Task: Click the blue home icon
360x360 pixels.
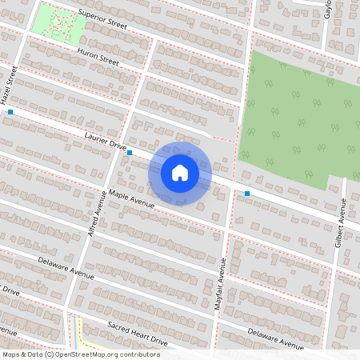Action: coord(180,172)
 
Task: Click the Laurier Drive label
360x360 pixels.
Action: coord(105,142)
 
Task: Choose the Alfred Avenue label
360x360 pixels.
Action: coord(97,213)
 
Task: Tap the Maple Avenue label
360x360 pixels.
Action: coord(131,198)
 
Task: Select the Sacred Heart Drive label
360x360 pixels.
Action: coord(137,333)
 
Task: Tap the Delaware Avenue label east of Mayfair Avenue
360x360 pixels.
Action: coord(275,338)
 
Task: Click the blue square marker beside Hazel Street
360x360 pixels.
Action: coord(10,113)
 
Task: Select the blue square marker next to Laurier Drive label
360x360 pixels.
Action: coord(130,151)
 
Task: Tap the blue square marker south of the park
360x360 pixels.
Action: coord(247,194)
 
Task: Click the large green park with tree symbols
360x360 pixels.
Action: coord(296,120)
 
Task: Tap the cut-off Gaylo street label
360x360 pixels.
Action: coord(327,10)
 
